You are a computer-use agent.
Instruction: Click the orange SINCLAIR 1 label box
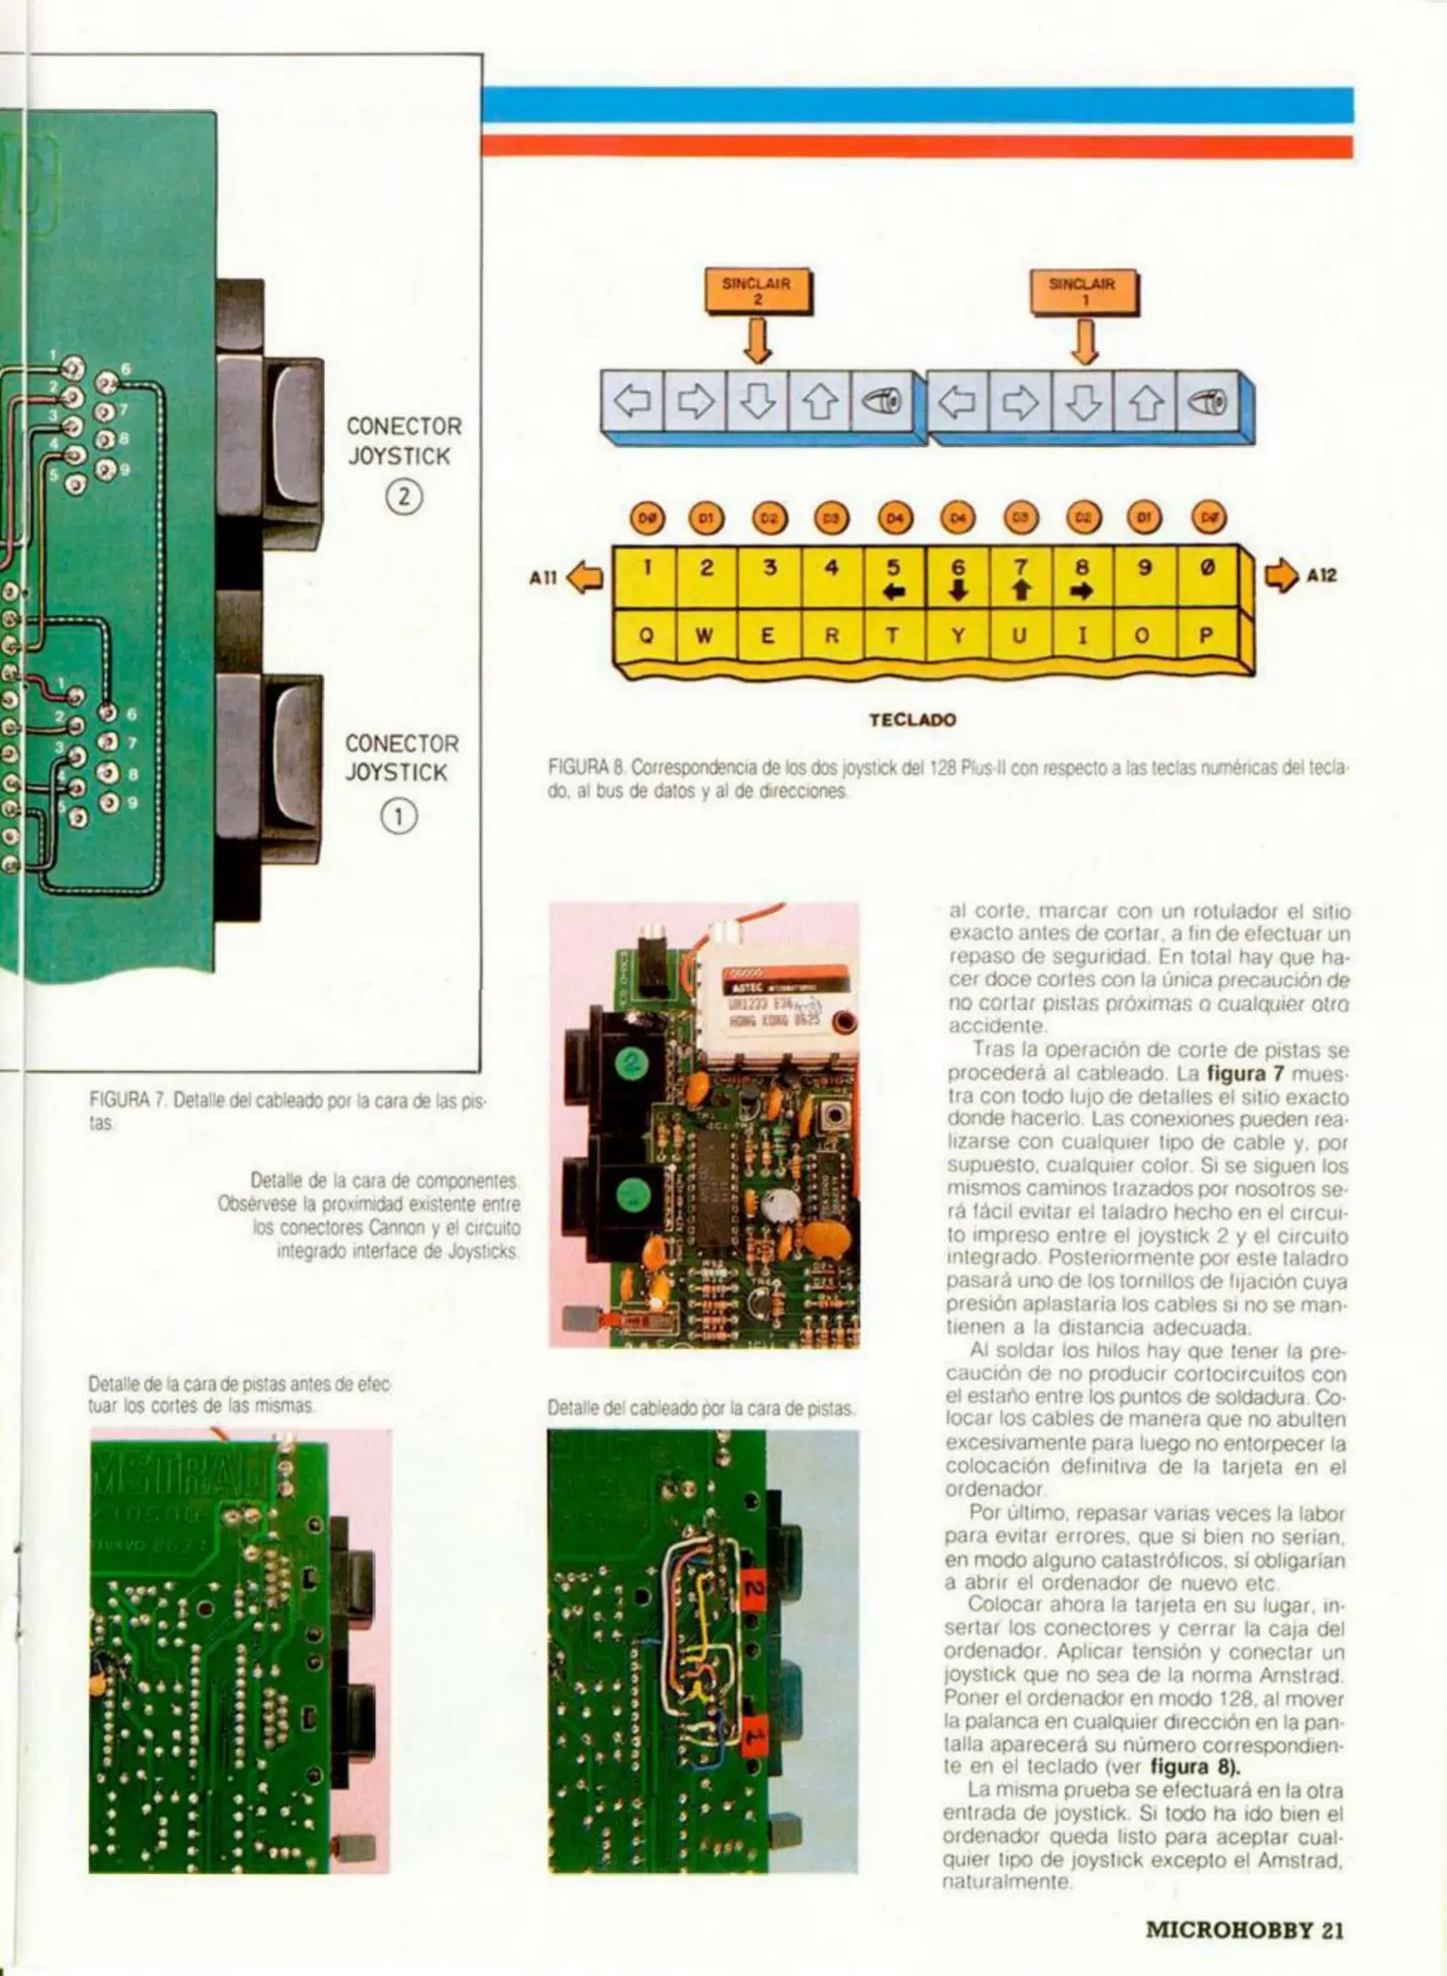pyautogui.click(x=1084, y=290)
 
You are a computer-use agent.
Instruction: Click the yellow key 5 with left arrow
pyautogui.click(x=893, y=577)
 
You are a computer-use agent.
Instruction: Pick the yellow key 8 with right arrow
pyautogui.click(x=1082, y=577)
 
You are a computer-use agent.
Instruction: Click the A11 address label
pyautogui.click(x=543, y=576)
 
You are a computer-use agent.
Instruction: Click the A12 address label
pyautogui.click(x=1321, y=575)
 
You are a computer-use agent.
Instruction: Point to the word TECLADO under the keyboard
pyautogui.click(x=912, y=719)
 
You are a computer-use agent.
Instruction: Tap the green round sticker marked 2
pyautogui.click(x=630, y=1063)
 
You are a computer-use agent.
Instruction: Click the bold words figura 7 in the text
pyautogui.click(x=1247, y=1073)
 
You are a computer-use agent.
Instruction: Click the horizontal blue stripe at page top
pyautogui.click(x=915, y=104)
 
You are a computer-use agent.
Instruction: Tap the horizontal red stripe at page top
pyautogui.click(x=915, y=146)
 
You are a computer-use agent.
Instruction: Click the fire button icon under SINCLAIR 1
pyautogui.click(x=1207, y=402)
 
